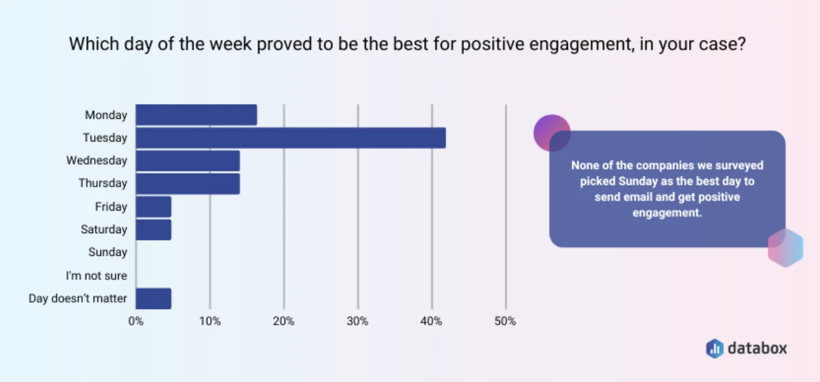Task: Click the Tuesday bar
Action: (291, 138)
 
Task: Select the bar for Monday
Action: (196, 114)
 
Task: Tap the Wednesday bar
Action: (188, 161)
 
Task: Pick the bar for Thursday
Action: (188, 184)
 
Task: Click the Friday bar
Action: (154, 206)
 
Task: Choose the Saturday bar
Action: (154, 230)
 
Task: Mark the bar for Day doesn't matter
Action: (154, 299)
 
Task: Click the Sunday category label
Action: (108, 252)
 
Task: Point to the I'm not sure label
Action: (97, 275)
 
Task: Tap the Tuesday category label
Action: (105, 138)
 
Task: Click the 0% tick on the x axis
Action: (136, 321)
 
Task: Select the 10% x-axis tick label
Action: (210, 321)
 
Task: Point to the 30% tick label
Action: (357, 321)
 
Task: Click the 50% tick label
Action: (505, 321)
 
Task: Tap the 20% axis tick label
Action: (284, 321)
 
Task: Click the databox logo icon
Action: (715, 348)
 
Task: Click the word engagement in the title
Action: (582, 44)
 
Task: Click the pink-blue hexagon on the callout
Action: (786, 247)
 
